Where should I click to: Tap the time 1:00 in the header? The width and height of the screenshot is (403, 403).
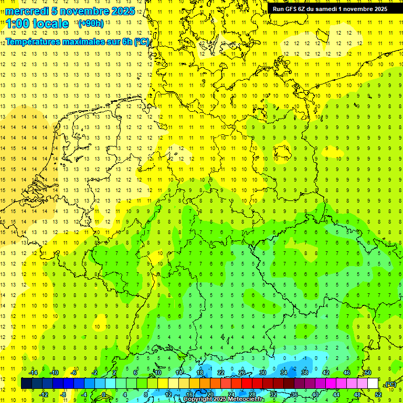[18, 24]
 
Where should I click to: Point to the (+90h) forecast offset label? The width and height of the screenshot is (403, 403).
[90, 24]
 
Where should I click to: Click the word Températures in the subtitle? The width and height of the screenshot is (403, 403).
[34, 41]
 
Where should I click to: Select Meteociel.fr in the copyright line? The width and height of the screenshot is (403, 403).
[246, 399]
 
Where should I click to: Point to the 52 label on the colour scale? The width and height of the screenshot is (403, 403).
[378, 395]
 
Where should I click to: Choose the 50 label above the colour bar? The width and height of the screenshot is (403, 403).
[368, 373]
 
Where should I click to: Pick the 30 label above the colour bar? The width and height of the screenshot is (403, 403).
[263, 373]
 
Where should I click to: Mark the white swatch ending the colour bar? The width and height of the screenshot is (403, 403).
[373, 384]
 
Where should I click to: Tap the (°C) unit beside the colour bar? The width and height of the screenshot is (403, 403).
[390, 384]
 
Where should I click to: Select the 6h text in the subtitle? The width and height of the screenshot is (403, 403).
[128, 41]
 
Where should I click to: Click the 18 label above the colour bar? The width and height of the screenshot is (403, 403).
[200, 373]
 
